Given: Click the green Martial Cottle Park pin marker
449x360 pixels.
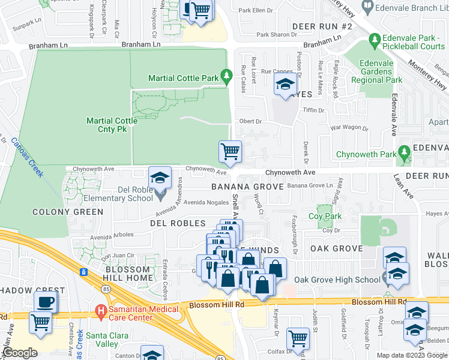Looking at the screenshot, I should click(x=226, y=76).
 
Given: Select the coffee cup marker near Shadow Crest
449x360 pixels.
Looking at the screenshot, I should click(x=46, y=301).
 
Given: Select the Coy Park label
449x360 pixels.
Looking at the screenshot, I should click(x=325, y=217).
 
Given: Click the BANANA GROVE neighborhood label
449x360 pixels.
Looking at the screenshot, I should click(x=247, y=187).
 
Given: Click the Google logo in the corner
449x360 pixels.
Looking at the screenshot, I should click(x=20, y=353).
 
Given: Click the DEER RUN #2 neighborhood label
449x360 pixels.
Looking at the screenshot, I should click(x=322, y=27).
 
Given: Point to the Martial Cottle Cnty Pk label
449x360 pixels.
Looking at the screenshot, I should click(x=112, y=125).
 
